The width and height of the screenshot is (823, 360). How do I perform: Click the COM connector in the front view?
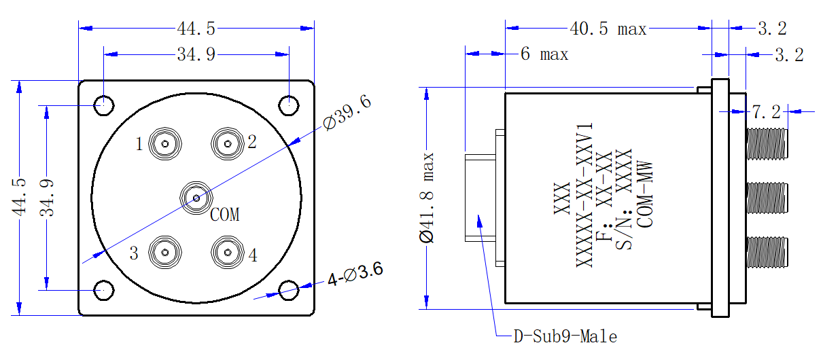point(196,198)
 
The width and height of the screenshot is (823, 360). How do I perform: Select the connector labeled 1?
point(165,143)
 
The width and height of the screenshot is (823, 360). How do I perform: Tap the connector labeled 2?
point(228,143)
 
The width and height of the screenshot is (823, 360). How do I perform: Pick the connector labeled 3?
point(165,253)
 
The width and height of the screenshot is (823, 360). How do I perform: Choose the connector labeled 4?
point(228,253)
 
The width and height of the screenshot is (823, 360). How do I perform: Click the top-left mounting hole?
point(103,105)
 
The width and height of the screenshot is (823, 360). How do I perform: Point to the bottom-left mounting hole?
point(103,290)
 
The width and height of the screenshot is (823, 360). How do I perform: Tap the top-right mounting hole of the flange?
point(289,105)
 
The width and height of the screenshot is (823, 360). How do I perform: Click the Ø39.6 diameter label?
point(347,111)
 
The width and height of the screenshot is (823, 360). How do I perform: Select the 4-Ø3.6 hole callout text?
point(355,274)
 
